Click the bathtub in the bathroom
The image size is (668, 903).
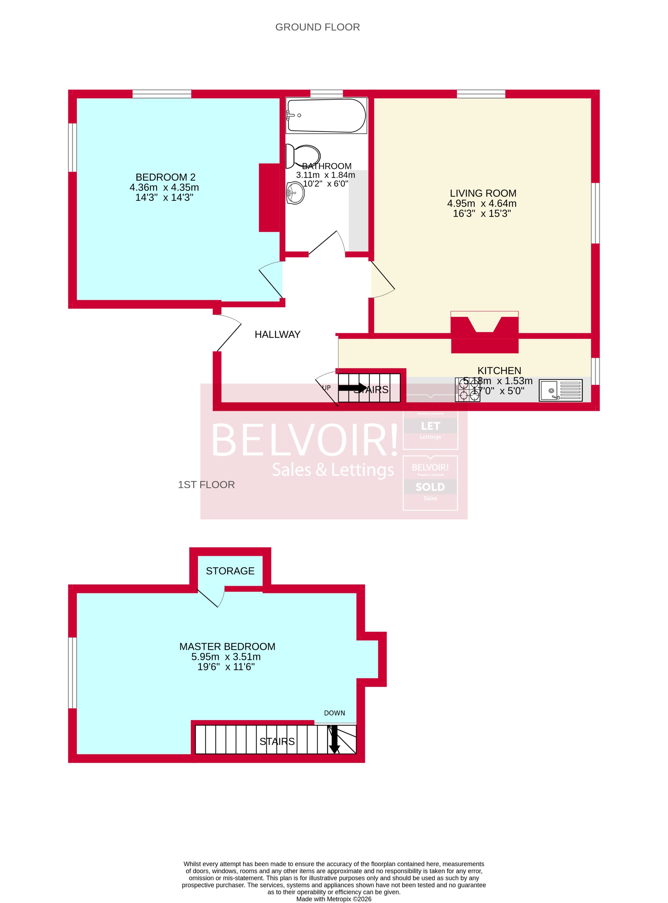(326, 115)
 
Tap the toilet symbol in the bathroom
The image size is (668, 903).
(303, 156)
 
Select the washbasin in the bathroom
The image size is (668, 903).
(295, 193)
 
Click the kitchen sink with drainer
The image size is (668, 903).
(561, 391)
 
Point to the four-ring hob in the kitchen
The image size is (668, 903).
(467, 390)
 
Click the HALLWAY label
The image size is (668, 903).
(277, 335)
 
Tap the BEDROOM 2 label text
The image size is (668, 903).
(165, 177)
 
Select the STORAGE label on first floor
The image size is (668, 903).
(230, 571)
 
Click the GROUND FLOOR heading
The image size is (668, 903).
(317, 27)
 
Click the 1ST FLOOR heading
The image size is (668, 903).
(206, 485)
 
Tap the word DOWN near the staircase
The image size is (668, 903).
(335, 713)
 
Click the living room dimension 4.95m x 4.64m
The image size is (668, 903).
(482, 204)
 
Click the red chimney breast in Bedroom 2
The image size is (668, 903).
(269, 197)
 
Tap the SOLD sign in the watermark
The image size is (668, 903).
(430, 487)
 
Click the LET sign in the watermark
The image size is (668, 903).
(430, 426)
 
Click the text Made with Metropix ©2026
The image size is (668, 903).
(333, 899)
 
